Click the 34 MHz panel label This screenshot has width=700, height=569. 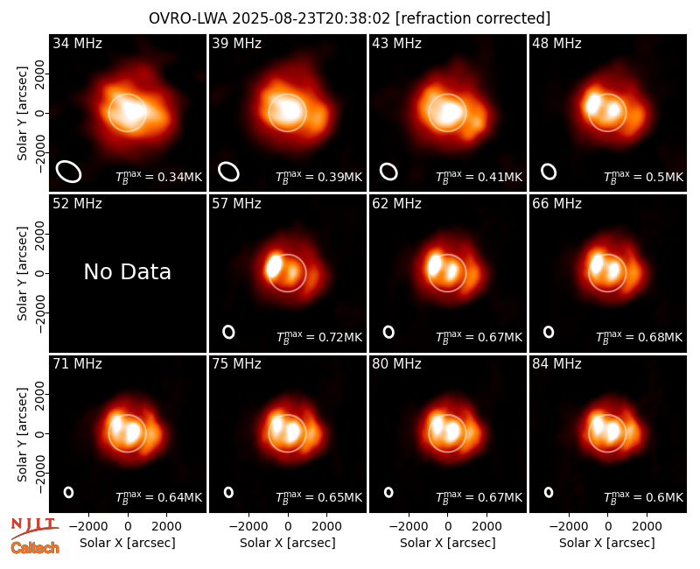point(77,43)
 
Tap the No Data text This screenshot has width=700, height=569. point(127,271)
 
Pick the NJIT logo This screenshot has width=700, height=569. point(34,528)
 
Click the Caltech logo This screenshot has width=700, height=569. point(35,548)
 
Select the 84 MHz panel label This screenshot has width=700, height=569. point(556,364)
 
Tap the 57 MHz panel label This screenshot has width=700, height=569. point(236,204)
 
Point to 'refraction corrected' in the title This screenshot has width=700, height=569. point(473,18)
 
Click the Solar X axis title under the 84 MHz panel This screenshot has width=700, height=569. point(607,543)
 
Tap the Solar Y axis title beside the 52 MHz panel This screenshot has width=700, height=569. point(22,273)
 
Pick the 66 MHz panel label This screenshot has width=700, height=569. point(556,204)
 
